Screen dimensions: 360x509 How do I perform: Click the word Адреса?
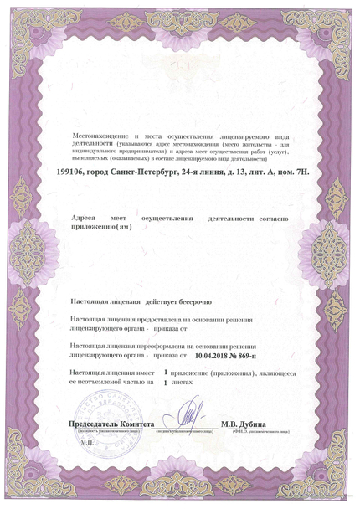pyautogui.click(x=84, y=218)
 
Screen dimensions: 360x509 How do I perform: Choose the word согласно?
pyautogui.click(x=272, y=218)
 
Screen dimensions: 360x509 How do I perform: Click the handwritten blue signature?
pyautogui.click(x=191, y=416)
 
